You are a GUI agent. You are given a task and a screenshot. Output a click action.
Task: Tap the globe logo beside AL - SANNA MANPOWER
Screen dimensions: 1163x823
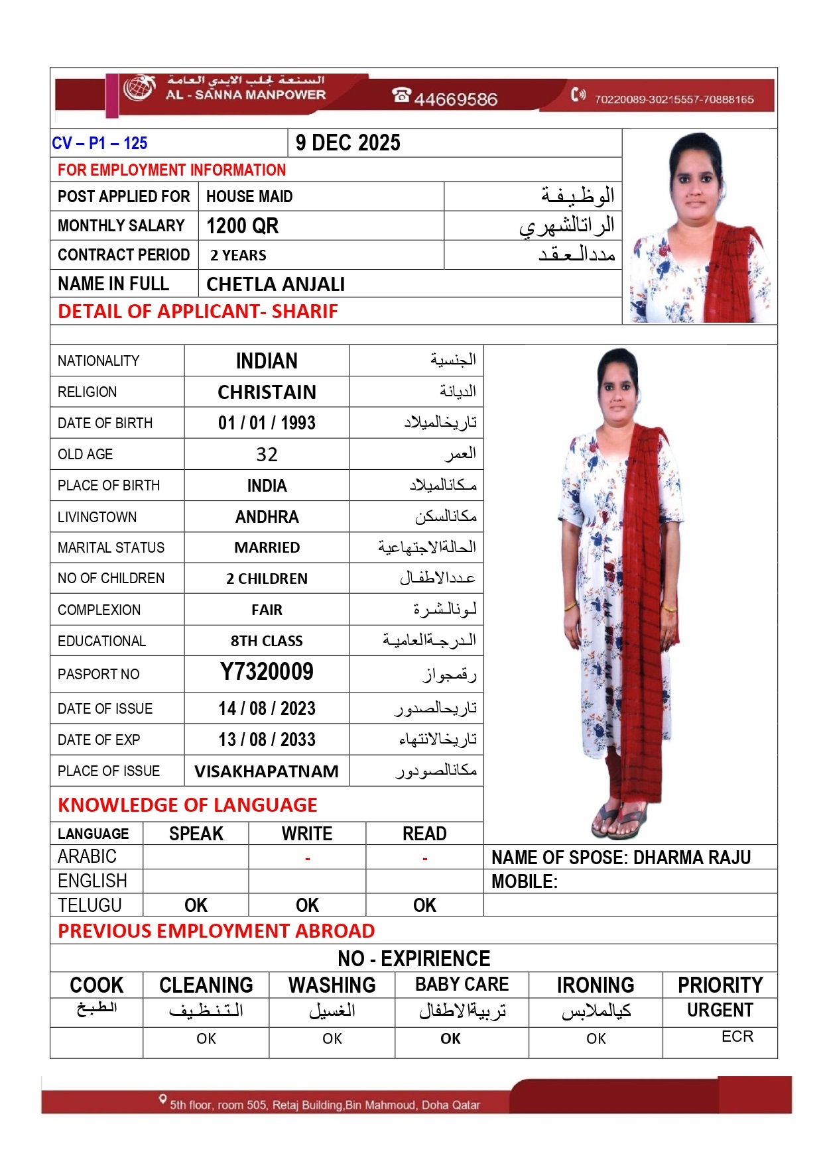pyautogui.click(x=139, y=88)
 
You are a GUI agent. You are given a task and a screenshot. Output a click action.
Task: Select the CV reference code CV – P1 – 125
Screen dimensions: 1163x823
pyautogui.click(x=99, y=143)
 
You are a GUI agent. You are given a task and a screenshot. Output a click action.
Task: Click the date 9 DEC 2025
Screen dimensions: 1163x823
pyautogui.click(x=348, y=143)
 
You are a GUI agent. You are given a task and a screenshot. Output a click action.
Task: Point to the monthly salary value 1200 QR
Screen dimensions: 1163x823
pyautogui.click(x=243, y=226)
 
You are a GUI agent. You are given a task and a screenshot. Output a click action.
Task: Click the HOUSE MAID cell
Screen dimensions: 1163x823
pyautogui.click(x=249, y=197)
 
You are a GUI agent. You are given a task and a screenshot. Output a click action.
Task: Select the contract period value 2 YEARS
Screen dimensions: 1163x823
pyautogui.click(x=238, y=256)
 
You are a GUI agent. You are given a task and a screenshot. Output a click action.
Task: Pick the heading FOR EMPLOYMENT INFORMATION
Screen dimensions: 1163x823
pyautogui.click(x=172, y=170)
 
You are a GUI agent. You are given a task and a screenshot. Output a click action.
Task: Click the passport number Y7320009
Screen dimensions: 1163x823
pyautogui.click(x=267, y=672)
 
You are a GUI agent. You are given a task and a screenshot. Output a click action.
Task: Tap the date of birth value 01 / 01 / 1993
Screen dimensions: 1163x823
pyautogui.click(x=267, y=423)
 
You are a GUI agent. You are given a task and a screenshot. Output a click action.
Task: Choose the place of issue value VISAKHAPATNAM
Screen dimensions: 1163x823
pyautogui.click(x=267, y=771)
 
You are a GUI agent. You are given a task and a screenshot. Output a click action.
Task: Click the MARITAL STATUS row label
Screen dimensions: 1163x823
pyautogui.click(x=111, y=548)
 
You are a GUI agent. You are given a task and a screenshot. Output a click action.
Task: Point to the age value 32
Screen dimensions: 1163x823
pyautogui.click(x=267, y=455)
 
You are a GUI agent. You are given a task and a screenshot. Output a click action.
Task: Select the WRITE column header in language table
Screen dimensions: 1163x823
pyautogui.click(x=307, y=834)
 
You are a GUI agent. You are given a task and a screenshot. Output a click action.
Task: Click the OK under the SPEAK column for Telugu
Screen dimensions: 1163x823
pyautogui.click(x=196, y=905)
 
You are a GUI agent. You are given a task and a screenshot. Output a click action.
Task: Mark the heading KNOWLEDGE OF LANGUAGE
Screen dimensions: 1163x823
pyautogui.click(x=188, y=805)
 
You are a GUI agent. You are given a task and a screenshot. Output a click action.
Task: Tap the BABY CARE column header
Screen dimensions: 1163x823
pyautogui.click(x=462, y=985)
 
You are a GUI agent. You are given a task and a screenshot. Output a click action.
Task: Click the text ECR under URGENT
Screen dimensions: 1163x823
pyautogui.click(x=737, y=1036)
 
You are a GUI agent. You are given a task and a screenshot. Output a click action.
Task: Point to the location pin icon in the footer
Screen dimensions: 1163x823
pyautogui.click(x=162, y=1099)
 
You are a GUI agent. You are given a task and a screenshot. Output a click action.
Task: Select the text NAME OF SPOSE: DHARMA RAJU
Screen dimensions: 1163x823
pyautogui.click(x=621, y=858)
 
